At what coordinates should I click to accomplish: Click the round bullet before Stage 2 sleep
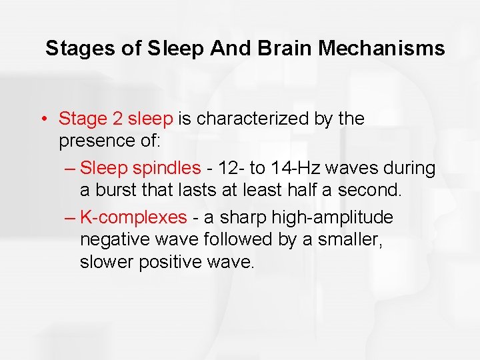(42, 119)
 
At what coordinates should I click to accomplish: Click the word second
(370, 191)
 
